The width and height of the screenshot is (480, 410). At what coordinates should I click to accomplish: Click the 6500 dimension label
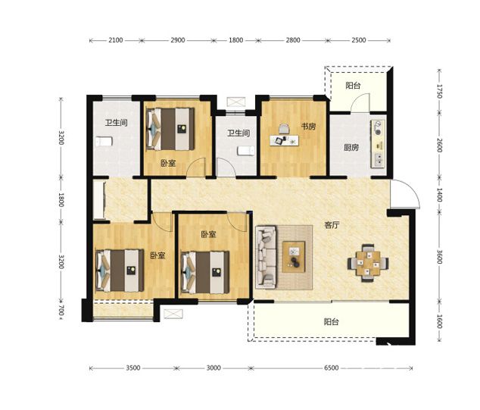[x=331, y=368]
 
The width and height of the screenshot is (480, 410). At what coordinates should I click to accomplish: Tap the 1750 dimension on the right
[x=440, y=91]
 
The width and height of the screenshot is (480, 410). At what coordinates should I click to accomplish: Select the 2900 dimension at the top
[x=178, y=40]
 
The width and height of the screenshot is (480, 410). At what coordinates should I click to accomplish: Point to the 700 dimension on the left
[x=61, y=310]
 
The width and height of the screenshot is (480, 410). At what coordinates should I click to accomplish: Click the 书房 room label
[x=308, y=127]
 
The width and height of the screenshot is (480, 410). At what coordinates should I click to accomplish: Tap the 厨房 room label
[x=351, y=147]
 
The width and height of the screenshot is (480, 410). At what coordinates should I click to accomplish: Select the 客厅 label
[x=332, y=225]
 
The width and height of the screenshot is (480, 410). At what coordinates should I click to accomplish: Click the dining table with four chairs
[x=368, y=263]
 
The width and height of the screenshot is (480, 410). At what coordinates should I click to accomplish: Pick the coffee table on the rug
[x=294, y=257]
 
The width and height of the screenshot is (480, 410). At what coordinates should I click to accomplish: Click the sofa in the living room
[x=266, y=257]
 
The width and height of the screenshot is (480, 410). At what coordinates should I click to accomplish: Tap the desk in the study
[x=285, y=140]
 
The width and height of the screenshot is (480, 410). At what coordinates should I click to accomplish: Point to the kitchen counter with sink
[x=378, y=144]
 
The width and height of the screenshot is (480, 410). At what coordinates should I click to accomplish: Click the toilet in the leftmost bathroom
[x=104, y=142]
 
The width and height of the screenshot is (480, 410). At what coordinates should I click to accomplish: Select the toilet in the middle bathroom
[x=246, y=151]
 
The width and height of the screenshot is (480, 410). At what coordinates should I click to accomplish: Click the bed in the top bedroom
[x=170, y=129]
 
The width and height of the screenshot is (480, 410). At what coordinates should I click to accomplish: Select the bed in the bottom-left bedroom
[x=120, y=271]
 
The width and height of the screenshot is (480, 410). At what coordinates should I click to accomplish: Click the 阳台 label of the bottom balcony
[x=331, y=322]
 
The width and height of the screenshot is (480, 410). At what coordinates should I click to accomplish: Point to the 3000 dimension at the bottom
[x=214, y=368]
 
